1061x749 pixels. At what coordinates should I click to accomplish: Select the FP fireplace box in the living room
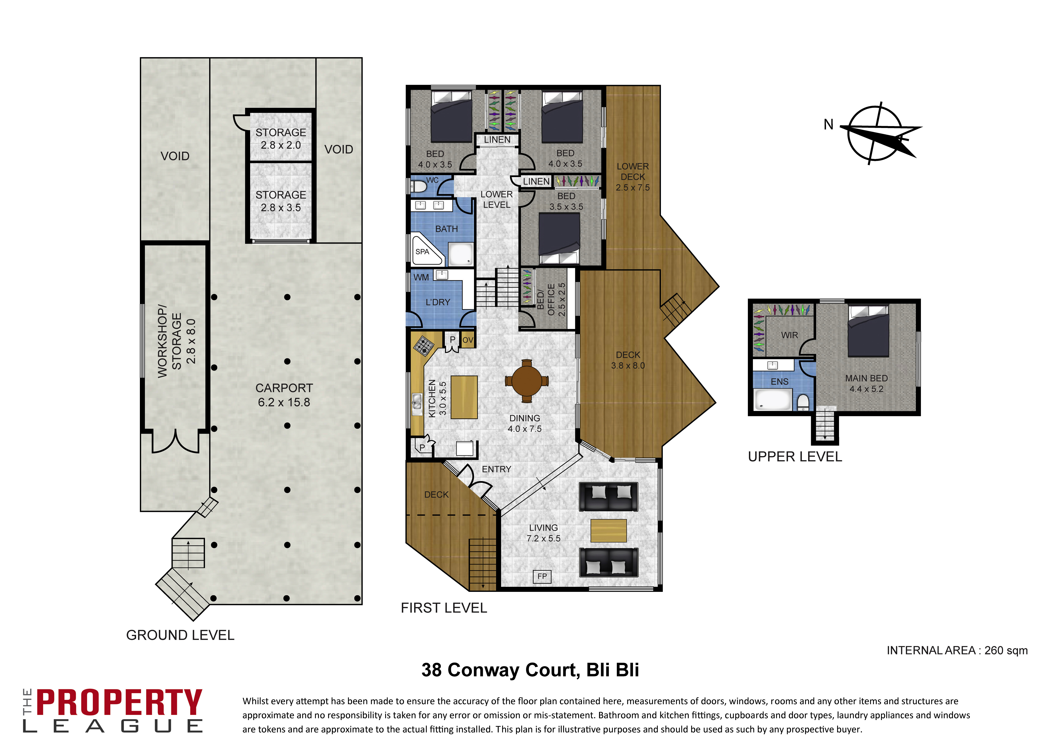[x=542, y=576]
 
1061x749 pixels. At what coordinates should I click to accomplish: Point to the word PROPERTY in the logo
[x=119, y=702]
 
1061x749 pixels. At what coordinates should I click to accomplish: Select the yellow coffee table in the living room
[x=609, y=531]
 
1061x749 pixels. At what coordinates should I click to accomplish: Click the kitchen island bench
[x=464, y=397]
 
